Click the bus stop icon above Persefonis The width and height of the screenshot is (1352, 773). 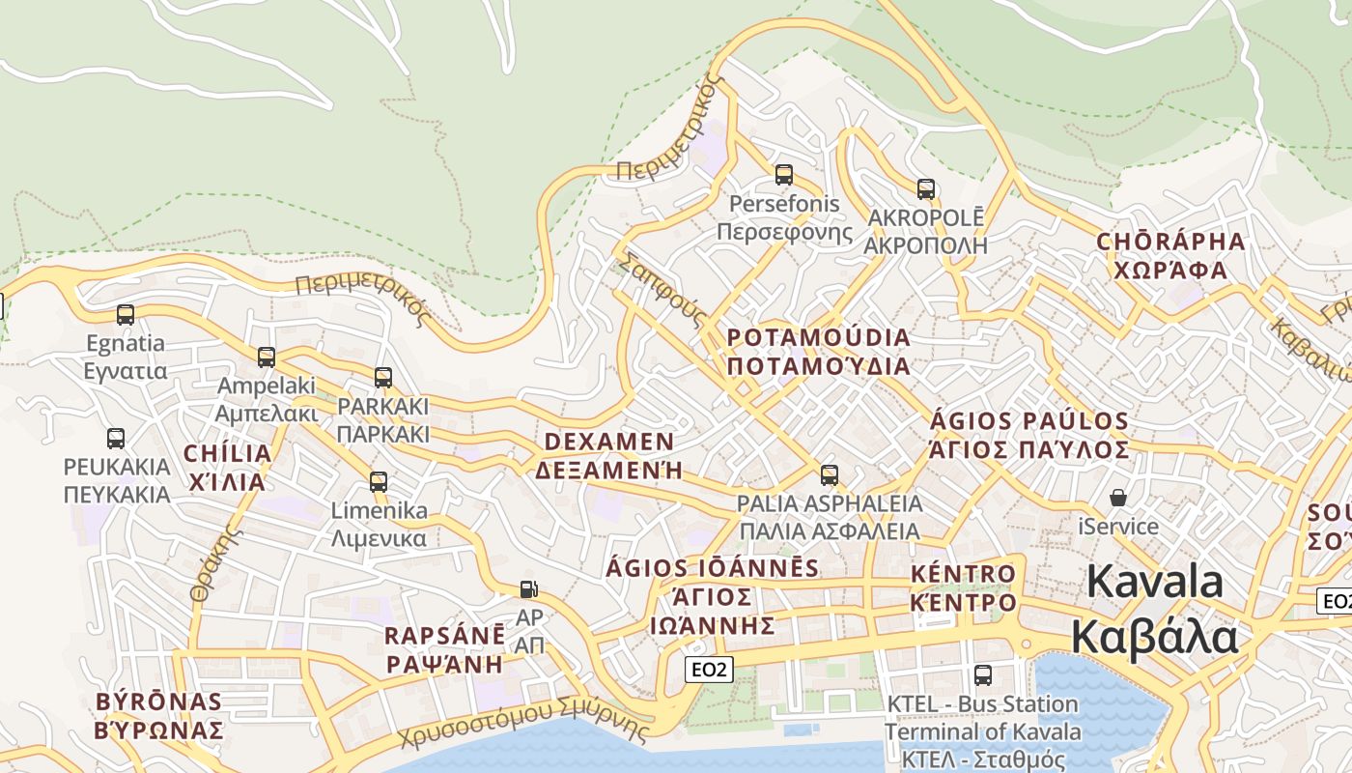pos(784,175)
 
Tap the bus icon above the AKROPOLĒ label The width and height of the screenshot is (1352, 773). pos(926,189)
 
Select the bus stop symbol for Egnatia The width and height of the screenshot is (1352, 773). pos(126,314)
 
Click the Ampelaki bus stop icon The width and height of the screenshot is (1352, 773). pos(267,357)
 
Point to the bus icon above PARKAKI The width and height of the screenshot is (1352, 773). pos(383,377)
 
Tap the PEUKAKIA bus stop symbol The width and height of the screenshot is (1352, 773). pos(116,438)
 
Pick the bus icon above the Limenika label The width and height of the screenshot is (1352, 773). pos(379,481)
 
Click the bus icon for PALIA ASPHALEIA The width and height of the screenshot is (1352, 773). pos(830,474)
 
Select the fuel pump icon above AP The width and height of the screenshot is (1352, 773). pos(529,588)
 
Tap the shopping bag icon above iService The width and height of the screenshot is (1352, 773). pos(1118,498)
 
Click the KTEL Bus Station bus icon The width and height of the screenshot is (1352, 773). pos(983,674)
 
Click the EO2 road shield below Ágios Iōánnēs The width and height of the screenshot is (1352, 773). pos(710,669)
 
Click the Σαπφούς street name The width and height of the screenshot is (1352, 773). pos(664,289)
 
